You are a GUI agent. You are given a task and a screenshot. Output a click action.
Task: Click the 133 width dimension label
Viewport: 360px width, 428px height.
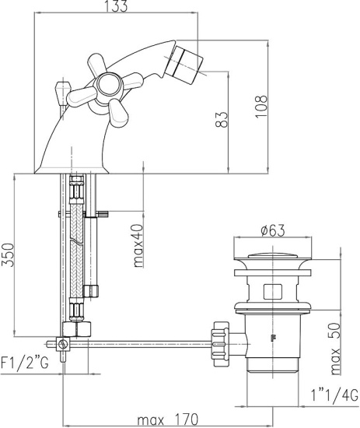(x=117, y=6)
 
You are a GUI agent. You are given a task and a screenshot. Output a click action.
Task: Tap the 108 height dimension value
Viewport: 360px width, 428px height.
(x=261, y=106)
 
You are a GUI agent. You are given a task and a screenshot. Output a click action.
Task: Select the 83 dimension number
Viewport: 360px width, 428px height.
(x=221, y=119)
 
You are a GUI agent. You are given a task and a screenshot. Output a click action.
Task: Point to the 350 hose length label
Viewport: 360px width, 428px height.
(x=7, y=255)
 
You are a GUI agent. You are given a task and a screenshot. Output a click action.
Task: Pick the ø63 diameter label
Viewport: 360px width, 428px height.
(x=272, y=230)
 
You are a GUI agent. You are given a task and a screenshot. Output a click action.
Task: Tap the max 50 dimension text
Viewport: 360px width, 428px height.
(x=335, y=349)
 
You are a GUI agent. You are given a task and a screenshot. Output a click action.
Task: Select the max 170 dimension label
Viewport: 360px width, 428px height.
(x=167, y=419)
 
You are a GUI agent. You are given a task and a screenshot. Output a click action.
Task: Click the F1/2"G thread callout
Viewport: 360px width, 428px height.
(x=25, y=363)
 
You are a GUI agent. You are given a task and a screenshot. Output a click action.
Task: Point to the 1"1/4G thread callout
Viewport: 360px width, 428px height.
(x=334, y=395)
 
